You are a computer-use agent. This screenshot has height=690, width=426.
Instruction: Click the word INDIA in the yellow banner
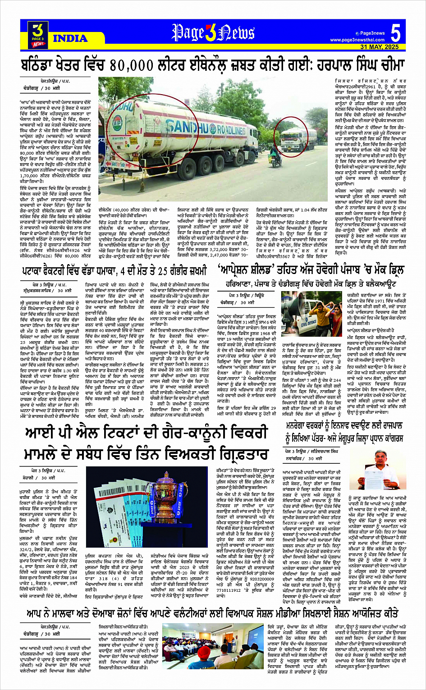coord(70,38)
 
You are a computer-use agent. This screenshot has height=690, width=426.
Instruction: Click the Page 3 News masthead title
coord(213,32)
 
